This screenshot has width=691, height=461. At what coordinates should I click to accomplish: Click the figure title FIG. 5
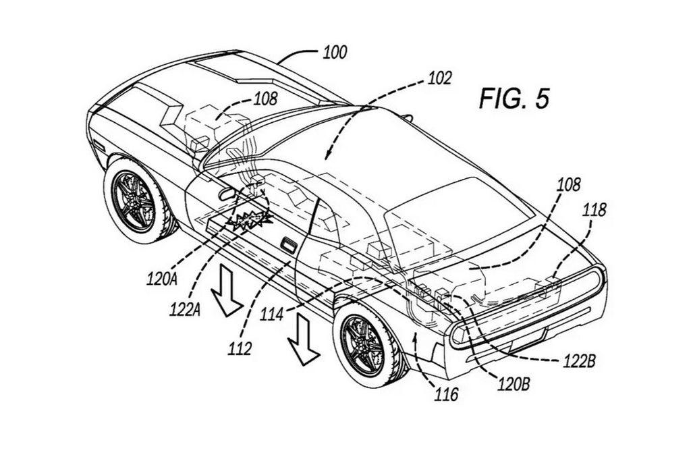pyautogui.click(x=514, y=99)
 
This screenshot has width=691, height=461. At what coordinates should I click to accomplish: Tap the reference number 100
pyautogui.click(x=335, y=53)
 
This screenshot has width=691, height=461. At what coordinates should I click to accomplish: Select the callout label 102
pyautogui.click(x=439, y=78)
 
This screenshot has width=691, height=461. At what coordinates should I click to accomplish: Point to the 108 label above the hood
pyautogui.click(x=266, y=99)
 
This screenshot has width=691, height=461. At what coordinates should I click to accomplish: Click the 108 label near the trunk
pyautogui.click(x=568, y=185)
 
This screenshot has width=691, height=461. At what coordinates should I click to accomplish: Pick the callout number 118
pyautogui.click(x=594, y=210)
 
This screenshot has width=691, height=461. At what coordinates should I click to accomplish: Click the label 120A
pyautogui.click(x=162, y=279)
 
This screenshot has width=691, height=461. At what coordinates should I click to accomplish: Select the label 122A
pyautogui.click(x=186, y=310)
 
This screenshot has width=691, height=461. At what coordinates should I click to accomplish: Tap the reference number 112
pyautogui.click(x=240, y=348)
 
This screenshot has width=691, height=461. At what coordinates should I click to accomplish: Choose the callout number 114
pyautogui.click(x=271, y=315)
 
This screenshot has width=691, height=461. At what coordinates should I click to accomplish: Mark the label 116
pyautogui.click(x=446, y=394)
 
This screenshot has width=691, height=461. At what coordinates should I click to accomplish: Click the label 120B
pyautogui.click(x=514, y=384)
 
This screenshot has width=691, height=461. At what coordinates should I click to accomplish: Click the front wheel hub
pyautogui.click(x=134, y=202)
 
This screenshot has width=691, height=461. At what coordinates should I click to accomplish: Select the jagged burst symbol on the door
pyautogui.click(x=250, y=218)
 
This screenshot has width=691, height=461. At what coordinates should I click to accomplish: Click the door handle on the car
pyautogui.click(x=289, y=245)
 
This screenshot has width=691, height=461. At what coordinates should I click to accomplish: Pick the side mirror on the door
pyautogui.click(x=225, y=194)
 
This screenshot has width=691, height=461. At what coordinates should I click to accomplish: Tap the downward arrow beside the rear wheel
pyautogui.click(x=303, y=340)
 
